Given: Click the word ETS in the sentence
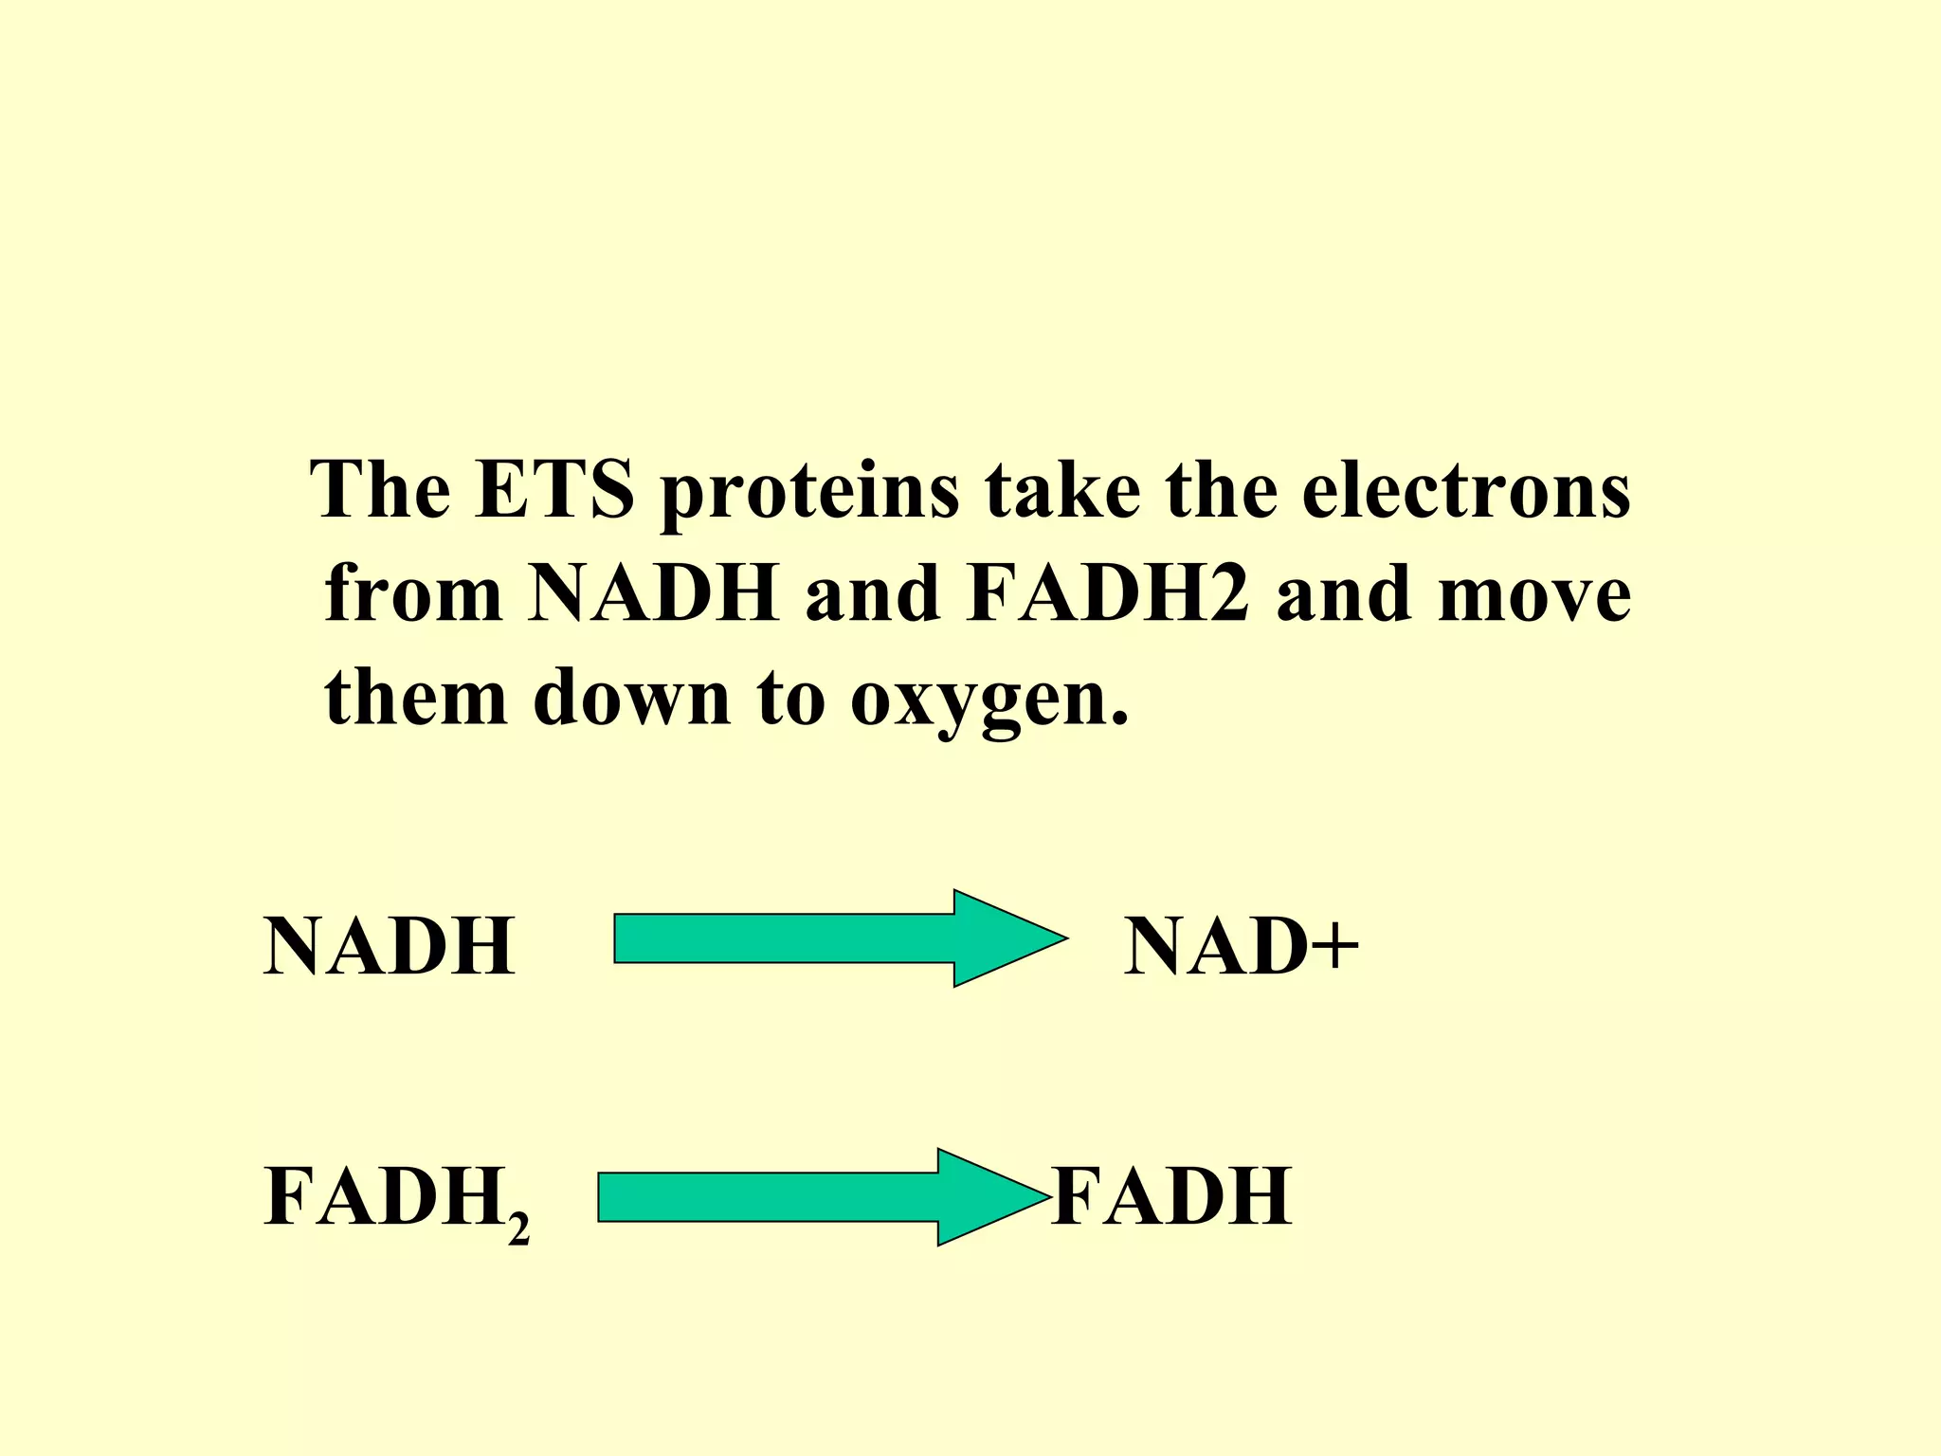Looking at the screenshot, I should point(553,490).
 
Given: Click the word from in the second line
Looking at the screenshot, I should point(413,593).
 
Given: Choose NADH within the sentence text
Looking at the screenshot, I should point(653,593).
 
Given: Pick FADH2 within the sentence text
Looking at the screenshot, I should point(1108,593).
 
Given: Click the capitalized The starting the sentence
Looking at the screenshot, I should point(381,490).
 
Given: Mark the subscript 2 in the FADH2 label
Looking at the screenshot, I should point(518,1229).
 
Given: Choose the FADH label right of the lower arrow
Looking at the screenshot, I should point(1171,1196).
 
